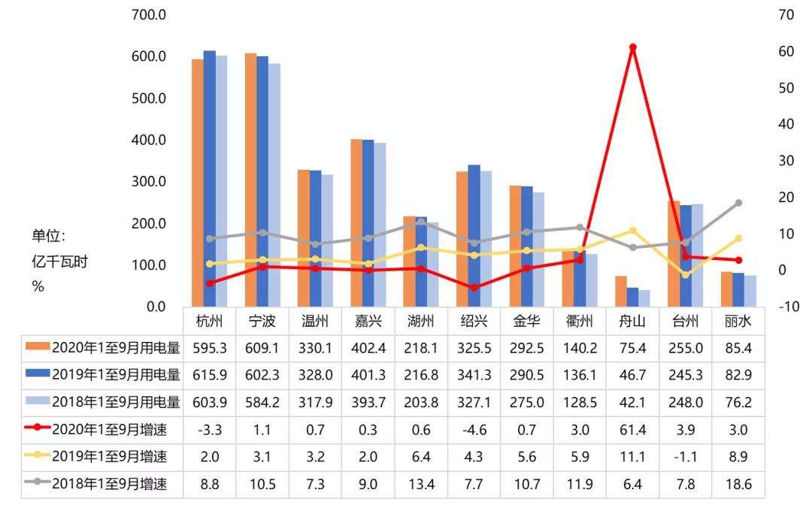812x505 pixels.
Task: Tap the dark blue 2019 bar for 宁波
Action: coord(262,181)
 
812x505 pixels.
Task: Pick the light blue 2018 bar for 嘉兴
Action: coord(380,225)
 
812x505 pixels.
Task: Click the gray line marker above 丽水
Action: coord(738,203)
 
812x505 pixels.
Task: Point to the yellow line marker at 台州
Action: coord(686,275)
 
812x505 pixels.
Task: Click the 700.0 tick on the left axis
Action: coord(148,14)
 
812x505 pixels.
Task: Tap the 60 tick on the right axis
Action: coord(786,51)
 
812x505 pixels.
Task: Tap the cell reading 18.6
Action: coord(738,485)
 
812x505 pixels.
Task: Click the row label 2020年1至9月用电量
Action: coord(116,347)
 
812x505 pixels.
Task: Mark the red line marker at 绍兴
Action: coord(474,288)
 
